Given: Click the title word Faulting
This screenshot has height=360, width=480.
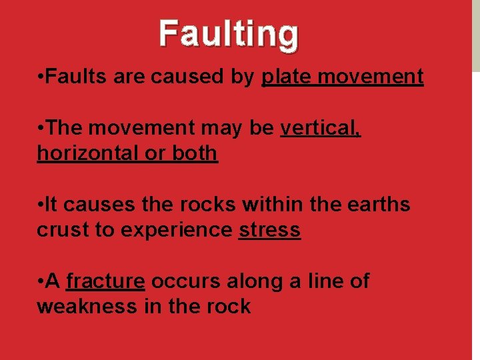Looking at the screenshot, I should [x=229, y=35].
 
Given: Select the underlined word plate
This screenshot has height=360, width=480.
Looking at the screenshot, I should [x=287, y=77].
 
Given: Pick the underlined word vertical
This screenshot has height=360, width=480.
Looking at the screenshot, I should [x=321, y=128].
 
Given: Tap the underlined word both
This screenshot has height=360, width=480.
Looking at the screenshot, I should [x=195, y=153].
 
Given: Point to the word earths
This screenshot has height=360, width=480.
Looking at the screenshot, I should [x=377, y=205].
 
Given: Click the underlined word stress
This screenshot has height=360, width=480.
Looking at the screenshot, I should [x=269, y=230].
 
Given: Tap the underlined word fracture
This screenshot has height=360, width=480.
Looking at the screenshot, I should [x=105, y=281].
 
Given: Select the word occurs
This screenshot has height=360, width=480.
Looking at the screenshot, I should [x=186, y=281].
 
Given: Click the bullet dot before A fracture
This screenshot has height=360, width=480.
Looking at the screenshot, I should [x=41, y=282].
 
